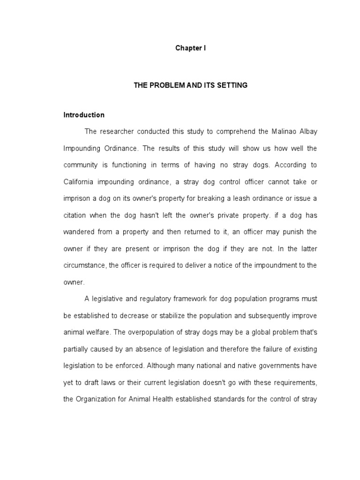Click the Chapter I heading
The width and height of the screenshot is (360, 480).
pos(190,48)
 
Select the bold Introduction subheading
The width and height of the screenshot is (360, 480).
pos(84,115)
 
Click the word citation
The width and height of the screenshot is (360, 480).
pos(75,215)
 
